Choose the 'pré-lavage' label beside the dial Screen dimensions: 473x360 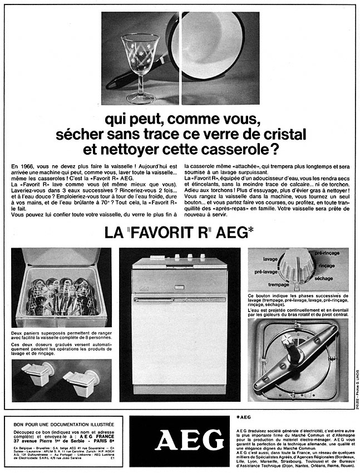(x=266, y=272)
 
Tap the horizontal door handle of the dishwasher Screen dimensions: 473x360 (x=178, y=299)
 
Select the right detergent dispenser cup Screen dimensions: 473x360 (x=80, y=381)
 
